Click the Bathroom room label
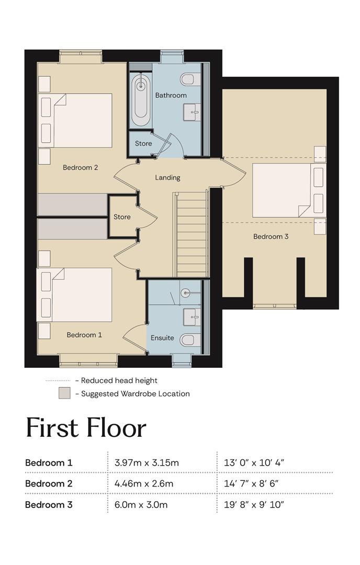coord(171,96)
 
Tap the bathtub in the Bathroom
coord(141,99)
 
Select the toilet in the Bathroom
coord(190,80)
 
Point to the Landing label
coord(167,178)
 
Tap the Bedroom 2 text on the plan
coord(81,167)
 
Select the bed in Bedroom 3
coord(289,190)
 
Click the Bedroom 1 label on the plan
coord(84,335)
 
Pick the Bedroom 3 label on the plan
coord(271,237)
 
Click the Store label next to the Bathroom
coord(143,143)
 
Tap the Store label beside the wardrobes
coord(122,217)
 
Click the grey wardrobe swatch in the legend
coord(64,393)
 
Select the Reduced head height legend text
coord(119,380)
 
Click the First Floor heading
coord(86,428)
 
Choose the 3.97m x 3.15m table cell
coord(147,462)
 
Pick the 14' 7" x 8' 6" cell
coord(251,483)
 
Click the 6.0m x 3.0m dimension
coord(141,505)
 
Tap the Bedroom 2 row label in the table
coord(49,483)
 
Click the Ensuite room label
coord(162,338)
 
